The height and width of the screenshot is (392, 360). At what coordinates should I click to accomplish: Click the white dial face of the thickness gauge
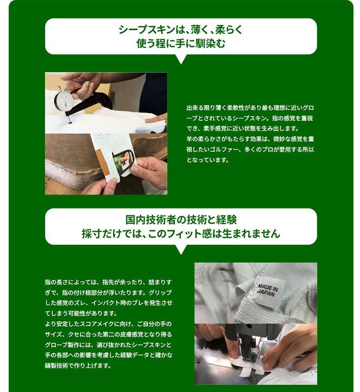tap(65, 100)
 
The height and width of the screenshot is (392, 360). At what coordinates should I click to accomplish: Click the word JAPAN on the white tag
tap(266, 292)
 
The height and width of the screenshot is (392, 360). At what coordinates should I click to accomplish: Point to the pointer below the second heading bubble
tap(181, 249)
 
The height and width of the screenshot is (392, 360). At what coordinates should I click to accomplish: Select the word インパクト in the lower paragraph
tap(106, 303)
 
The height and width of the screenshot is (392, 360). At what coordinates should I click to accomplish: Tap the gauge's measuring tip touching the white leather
tap(69, 122)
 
